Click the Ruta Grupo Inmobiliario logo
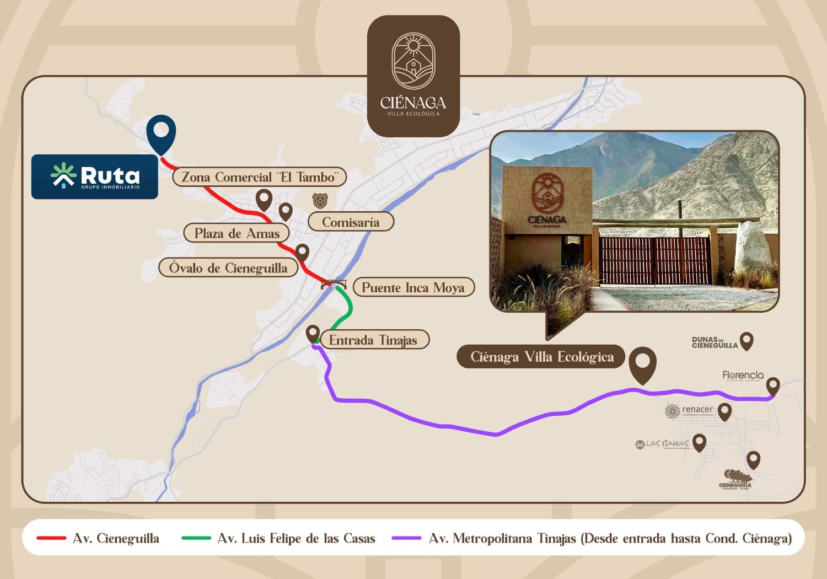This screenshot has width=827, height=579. [95, 177]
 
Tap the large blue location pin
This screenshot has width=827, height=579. [161, 132]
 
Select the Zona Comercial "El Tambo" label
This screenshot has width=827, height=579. [259, 177]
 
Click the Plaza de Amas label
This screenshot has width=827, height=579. [237, 233]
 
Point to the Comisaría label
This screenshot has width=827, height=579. [351, 222]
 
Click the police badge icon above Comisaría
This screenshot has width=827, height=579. [320, 201]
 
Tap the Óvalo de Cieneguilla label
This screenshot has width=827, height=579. [228, 268]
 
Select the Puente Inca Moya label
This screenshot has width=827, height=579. [413, 287]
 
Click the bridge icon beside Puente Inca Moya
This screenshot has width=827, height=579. [334, 284]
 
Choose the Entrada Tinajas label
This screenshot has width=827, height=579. [373, 340]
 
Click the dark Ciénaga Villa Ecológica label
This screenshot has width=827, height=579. [541, 357]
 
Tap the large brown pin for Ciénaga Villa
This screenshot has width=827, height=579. [643, 364]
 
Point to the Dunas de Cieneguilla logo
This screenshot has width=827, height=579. [715, 342]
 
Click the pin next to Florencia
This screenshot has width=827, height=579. [773, 386]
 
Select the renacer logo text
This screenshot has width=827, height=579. [697, 410]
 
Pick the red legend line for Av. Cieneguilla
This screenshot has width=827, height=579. [51, 538]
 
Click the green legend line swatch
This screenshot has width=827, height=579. [196, 538]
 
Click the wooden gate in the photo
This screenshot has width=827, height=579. [655, 261]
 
